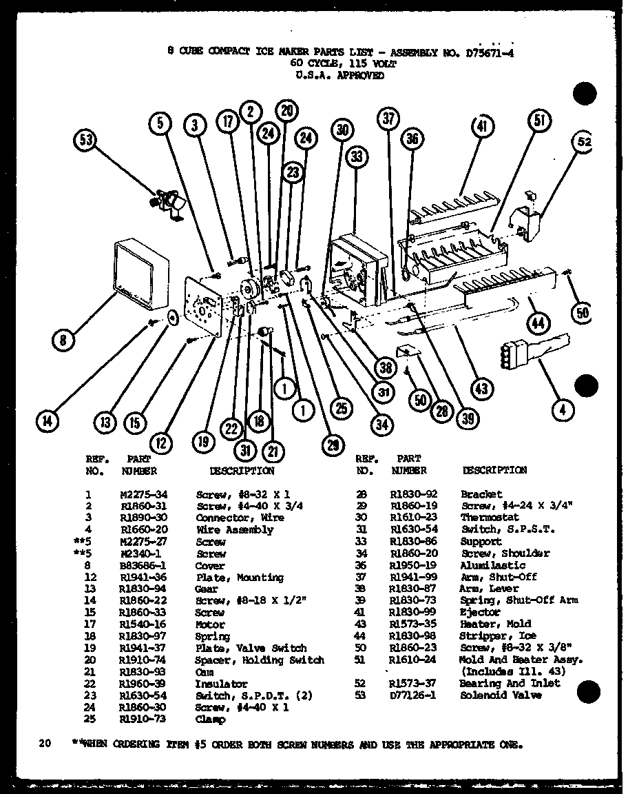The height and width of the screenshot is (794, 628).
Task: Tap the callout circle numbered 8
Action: (x=63, y=339)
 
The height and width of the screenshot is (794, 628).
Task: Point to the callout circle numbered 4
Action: (x=563, y=409)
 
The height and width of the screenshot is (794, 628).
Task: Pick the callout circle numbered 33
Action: (x=356, y=156)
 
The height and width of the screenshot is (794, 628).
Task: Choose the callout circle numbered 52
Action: (x=584, y=143)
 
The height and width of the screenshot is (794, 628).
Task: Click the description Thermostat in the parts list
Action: (x=490, y=518)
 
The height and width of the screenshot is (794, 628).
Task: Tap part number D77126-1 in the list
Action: (x=413, y=695)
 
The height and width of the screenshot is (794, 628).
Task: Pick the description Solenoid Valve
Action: (x=501, y=695)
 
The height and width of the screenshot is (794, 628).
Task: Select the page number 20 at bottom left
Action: (x=45, y=744)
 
